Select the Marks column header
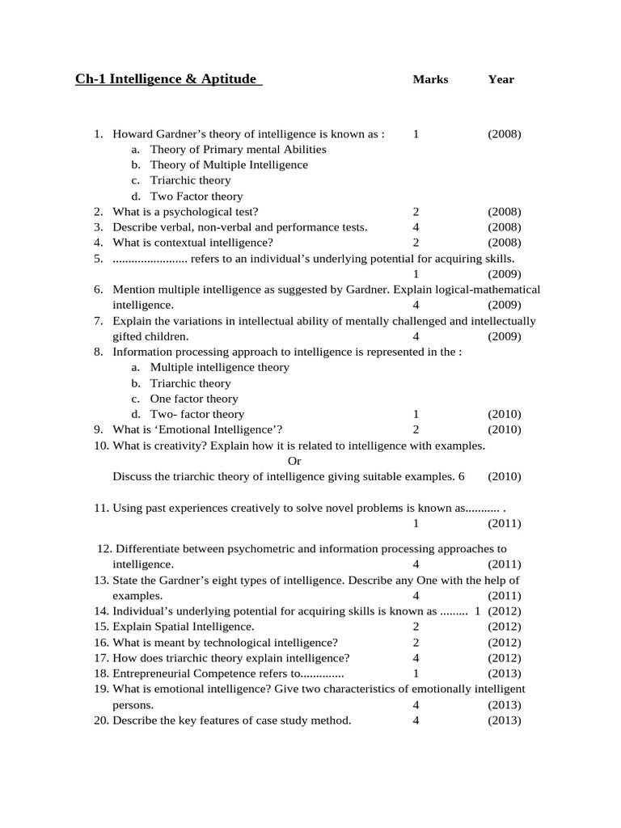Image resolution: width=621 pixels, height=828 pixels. click(430, 79)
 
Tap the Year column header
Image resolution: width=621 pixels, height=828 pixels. click(501, 79)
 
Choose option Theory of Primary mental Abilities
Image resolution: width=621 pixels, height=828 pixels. click(238, 150)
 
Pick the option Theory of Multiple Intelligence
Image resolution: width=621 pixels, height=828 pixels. click(229, 165)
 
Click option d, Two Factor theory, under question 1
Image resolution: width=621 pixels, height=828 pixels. click(196, 196)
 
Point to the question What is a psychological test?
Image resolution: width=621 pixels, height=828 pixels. click(185, 212)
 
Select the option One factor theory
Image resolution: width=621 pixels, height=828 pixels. click(194, 399)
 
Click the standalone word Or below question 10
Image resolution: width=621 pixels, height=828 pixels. click(294, 461)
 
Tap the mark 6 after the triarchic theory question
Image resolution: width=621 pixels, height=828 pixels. click(461, 476)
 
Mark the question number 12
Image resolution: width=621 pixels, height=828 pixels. click(103, 549)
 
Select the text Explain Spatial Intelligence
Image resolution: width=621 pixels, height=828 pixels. click(183, 627)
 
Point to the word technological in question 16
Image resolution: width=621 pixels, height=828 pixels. click(226, 642)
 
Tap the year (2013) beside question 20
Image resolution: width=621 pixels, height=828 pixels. click(505, 720)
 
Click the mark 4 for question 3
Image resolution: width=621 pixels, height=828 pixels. click(416, 227)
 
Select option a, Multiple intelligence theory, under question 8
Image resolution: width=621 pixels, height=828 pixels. click(219, 367)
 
